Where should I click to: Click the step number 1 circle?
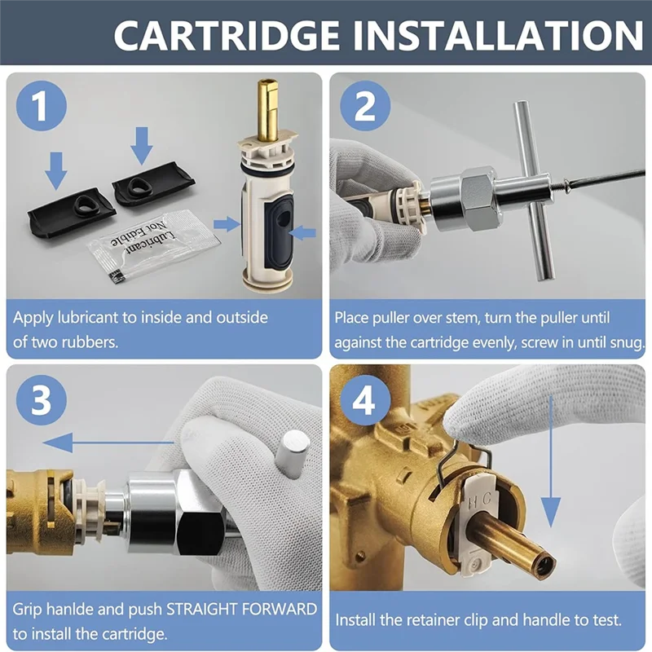click(x=42, y=106)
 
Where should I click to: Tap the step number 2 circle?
click(x=365, y=106)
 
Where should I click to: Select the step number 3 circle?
click(x=42, y=400)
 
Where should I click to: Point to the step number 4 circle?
click(x=365, y=400)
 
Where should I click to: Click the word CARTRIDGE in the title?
click(x=227, y=35)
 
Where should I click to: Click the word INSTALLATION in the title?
click(x=499, y=35)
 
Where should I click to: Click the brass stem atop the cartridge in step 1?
click(x=268, y=109)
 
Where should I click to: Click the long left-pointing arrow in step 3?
click(x=109, y=443)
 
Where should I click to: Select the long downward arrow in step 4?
click(x=552, y=461)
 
